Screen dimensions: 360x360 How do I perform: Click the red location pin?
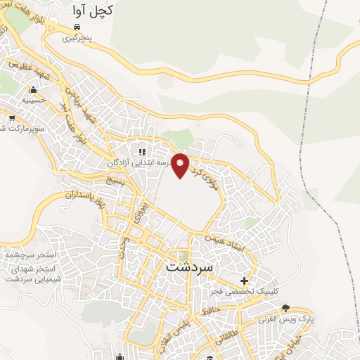click(181, 165)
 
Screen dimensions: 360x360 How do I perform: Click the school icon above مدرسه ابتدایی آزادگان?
click(142, 151)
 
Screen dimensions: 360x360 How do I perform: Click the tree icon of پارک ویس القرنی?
click(286, 309)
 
